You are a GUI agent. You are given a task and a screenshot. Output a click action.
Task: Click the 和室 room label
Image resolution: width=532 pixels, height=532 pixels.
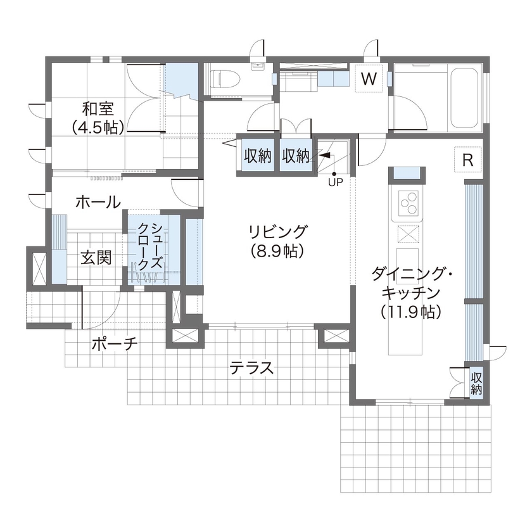click(98, 108)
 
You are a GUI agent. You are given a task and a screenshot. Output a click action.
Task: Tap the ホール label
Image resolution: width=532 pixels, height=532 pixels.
click(98, 203)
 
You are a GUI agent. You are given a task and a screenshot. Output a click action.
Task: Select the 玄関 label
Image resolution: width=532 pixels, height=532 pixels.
click(96, 258)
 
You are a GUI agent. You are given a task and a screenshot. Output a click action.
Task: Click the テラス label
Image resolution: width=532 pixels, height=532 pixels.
click(251, 368)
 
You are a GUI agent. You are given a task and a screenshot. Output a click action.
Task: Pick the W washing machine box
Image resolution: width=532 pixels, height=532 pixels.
click(369, 79)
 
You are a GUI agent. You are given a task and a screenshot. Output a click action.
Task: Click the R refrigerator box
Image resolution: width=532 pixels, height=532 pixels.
click(468, 160)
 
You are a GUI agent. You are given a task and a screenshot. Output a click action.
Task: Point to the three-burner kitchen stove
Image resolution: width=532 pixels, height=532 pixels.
click(408, 203)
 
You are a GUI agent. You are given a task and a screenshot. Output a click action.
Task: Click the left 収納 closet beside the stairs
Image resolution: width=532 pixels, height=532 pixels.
click(258, 156)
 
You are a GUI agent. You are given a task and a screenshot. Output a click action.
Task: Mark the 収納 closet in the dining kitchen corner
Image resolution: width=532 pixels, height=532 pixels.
click(476, 383)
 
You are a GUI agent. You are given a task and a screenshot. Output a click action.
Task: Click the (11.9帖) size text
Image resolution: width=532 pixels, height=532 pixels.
click(411, 312)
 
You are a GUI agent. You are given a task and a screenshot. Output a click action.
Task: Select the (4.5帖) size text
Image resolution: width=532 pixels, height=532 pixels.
click(98, 126)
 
